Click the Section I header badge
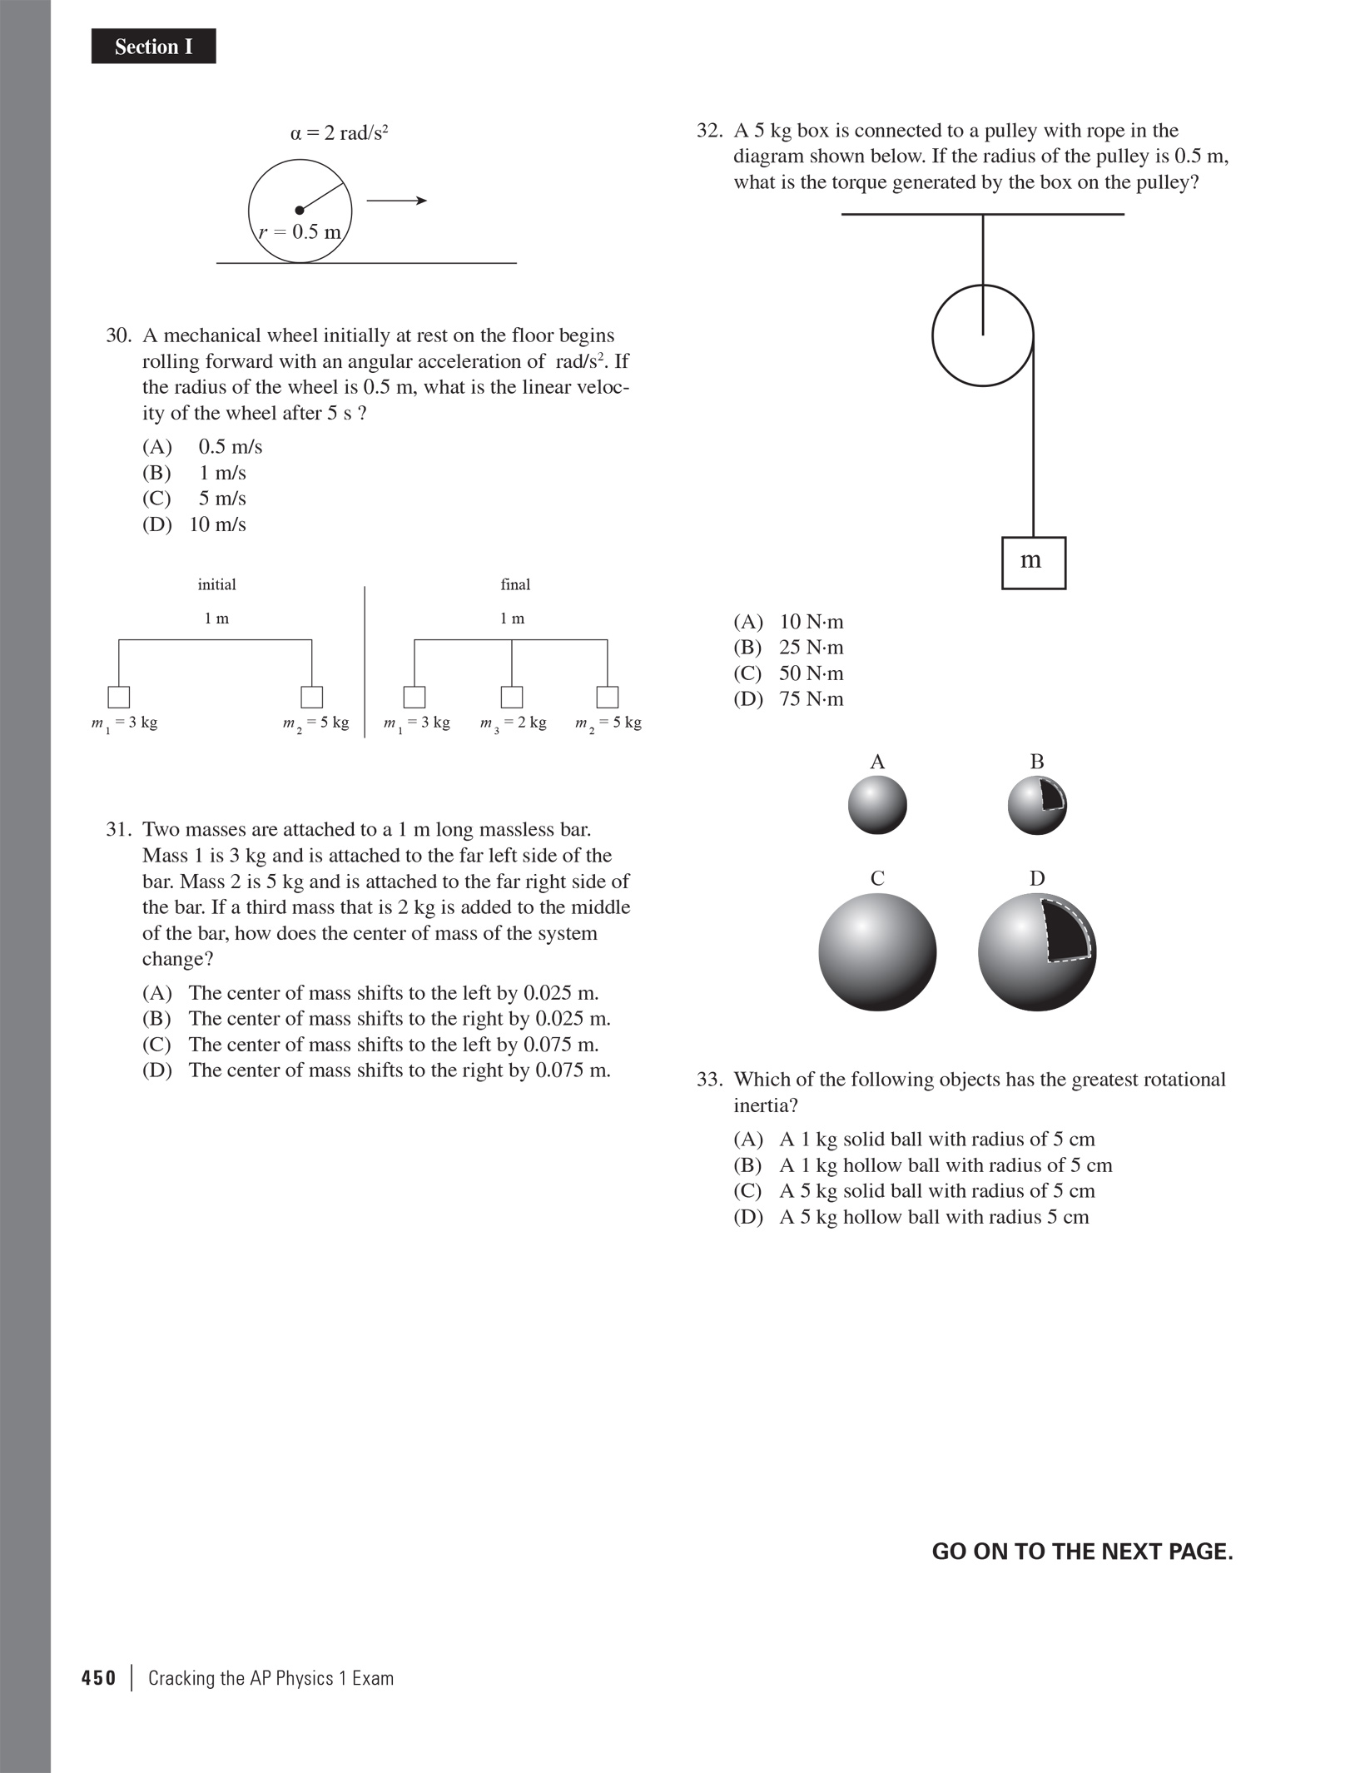(153, 47)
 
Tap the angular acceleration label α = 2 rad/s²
(340, 133)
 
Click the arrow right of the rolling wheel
(397, 201)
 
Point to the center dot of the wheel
(300, 211)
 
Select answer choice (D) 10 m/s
(195, 524)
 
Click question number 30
(119, 335)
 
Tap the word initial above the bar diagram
(216, 585)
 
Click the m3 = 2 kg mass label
(513, 723)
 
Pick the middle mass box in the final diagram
(512, 697)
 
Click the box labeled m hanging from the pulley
(1033, 563)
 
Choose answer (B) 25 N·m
(788, 648)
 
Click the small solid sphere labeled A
(877, 805)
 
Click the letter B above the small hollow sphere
(1037, 762)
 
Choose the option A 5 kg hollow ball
(911, 1217)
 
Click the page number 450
(99, 1678)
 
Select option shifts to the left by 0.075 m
(370, 1045)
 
